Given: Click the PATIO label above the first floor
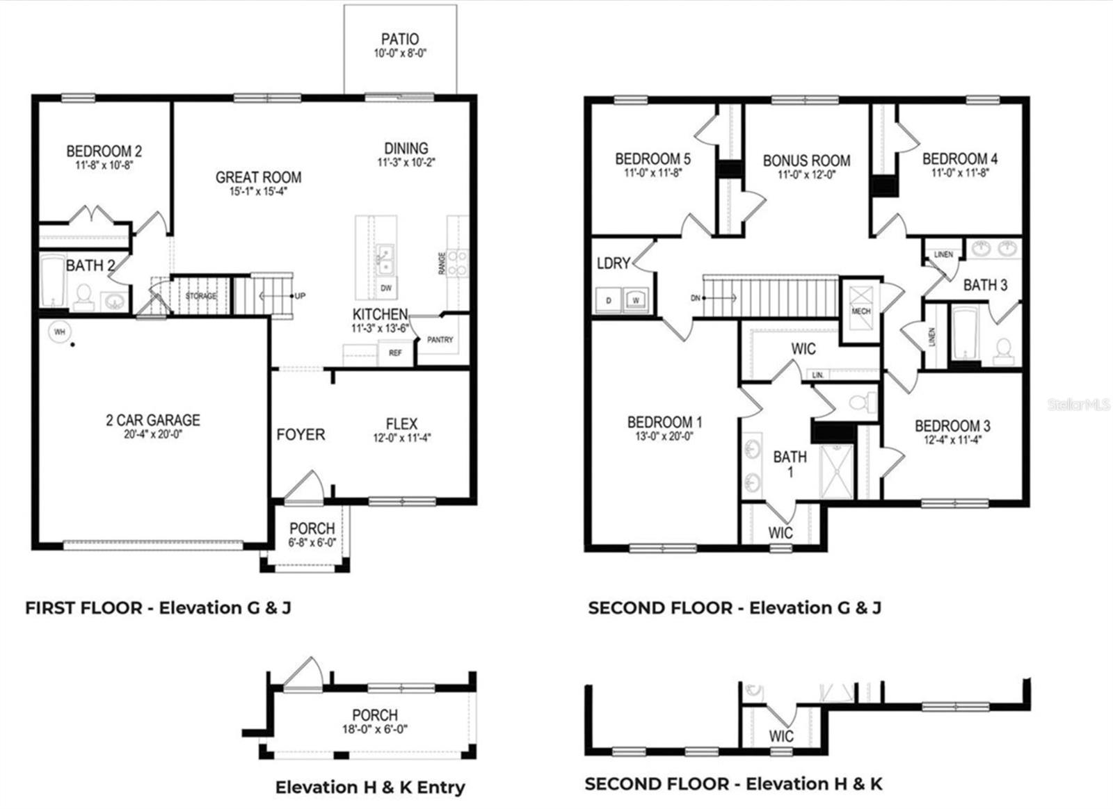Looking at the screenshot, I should (400, 39).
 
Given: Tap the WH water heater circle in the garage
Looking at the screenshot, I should (59, 332).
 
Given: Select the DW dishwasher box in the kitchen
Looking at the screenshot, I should (386, 288).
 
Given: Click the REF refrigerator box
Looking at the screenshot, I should (395, 353).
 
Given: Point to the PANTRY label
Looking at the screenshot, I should (440, 340).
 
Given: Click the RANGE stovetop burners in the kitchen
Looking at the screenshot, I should (457, 264).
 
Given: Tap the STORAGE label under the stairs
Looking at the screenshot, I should (200, 296).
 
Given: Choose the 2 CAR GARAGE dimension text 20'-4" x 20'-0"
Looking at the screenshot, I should (153, 435).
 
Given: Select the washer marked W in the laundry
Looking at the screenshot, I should (635, 300).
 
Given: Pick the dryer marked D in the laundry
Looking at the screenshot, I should (609, 300).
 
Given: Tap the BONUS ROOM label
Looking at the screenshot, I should (806, 161).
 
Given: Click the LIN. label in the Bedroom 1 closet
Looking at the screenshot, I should (818, 375).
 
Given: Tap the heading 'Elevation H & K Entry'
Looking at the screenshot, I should (370, 787).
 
